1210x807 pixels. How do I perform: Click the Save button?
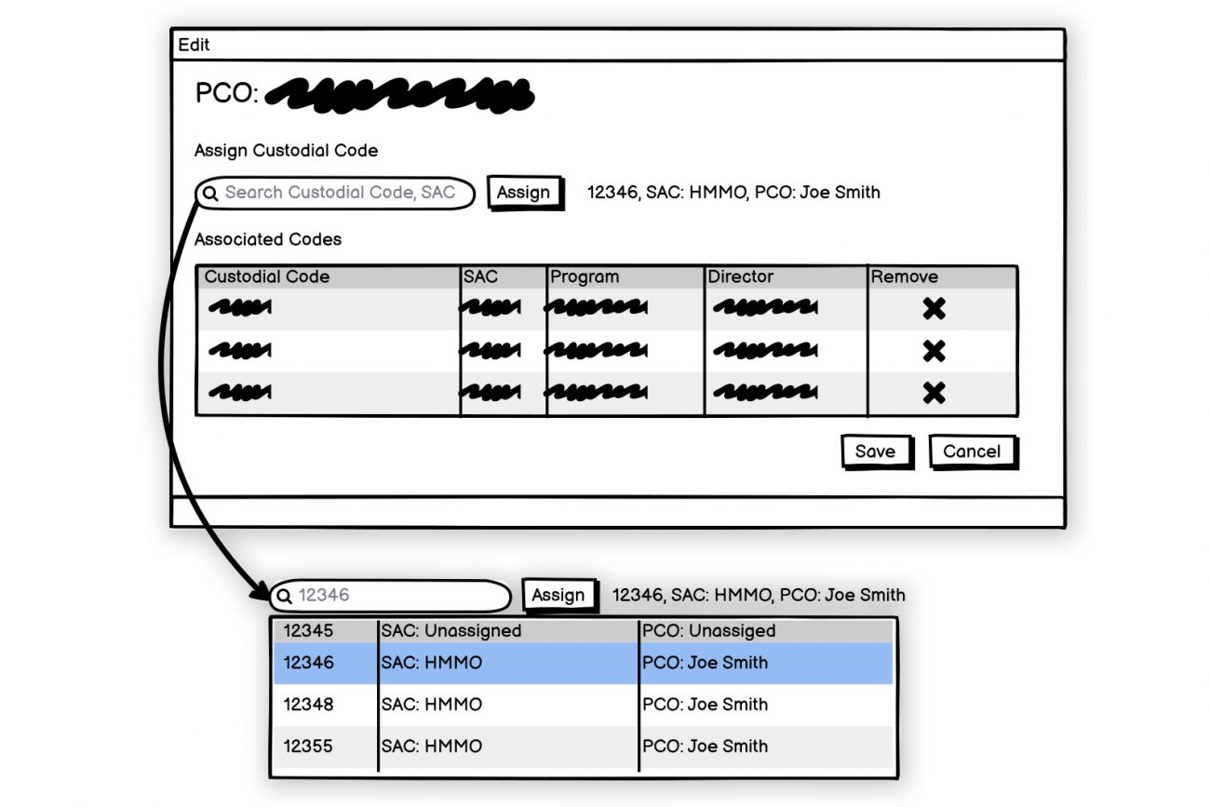point(875,451)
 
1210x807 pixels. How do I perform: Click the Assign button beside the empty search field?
point(524,193)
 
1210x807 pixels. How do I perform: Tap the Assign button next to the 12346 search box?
point(558,595)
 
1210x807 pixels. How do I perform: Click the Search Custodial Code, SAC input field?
point(340,193)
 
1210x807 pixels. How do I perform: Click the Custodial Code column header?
point(267,276)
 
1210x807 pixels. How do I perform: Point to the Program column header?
point(585,276)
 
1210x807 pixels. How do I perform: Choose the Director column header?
point(741,276)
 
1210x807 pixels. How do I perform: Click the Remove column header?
point(905,276)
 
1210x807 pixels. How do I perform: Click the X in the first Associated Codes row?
point(934,308)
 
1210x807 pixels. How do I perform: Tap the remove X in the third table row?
point(934,393)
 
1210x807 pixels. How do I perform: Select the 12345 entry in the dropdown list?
point(308,630)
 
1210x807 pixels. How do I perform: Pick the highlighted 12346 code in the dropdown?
point(308,663)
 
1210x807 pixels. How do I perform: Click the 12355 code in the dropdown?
point(308,746)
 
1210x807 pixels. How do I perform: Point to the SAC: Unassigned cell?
point(451,630)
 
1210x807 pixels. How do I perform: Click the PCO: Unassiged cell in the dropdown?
point(708,630)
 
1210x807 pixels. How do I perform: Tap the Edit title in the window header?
point(195,45)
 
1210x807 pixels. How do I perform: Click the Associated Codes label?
point(268,239)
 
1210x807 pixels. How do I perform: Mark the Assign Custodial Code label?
point(287,150)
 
